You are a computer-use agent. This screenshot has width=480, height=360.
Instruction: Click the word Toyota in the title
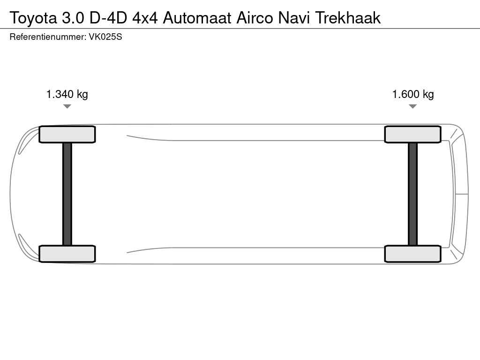point(34,18)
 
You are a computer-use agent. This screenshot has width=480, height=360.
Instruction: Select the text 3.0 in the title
point(73,18)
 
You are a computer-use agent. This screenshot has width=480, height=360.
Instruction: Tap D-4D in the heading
point(108,18)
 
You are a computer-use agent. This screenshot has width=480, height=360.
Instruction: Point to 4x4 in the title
point(145,18)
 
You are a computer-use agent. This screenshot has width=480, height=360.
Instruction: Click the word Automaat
point(197,18)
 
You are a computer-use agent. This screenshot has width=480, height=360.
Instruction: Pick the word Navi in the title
point(294,18)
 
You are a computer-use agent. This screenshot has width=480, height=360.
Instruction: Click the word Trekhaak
point(348,18)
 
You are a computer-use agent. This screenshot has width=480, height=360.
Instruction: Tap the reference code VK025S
point(105,37)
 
